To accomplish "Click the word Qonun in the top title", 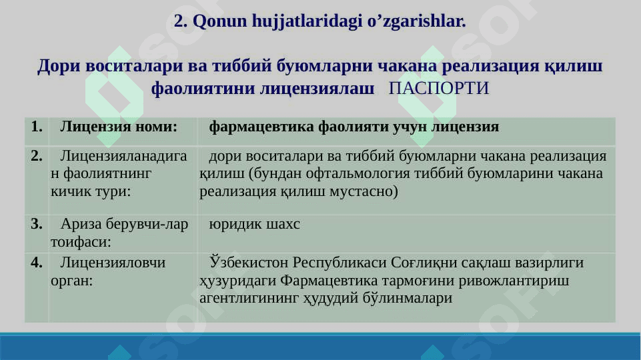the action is tap(219, 21).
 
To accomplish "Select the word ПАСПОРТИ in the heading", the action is tap(439, 88).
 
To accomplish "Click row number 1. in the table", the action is tap(37, 127).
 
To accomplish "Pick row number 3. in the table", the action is tap(37, 224).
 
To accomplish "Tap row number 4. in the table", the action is tap(37, 263).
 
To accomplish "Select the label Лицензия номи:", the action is tap(119, 127).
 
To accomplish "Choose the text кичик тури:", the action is tap(91, 191).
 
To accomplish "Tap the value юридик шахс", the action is tap(254, 225).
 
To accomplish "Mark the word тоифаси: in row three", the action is tap(81, 242).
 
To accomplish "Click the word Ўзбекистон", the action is tap(249, 263).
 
